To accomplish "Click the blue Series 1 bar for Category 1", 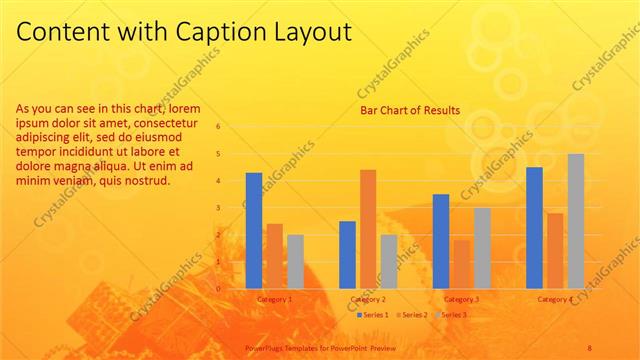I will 254,231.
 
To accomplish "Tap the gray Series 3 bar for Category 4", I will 576,221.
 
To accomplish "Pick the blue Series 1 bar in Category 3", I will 441,241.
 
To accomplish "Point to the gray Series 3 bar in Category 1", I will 295,262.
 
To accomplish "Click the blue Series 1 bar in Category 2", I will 347,255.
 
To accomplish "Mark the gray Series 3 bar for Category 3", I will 482,248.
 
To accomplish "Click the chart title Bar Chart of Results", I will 410,111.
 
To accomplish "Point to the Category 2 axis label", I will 368,299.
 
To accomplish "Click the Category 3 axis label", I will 461,299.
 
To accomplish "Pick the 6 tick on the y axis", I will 232,127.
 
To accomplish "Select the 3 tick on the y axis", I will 232,208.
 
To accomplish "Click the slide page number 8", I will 590,345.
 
